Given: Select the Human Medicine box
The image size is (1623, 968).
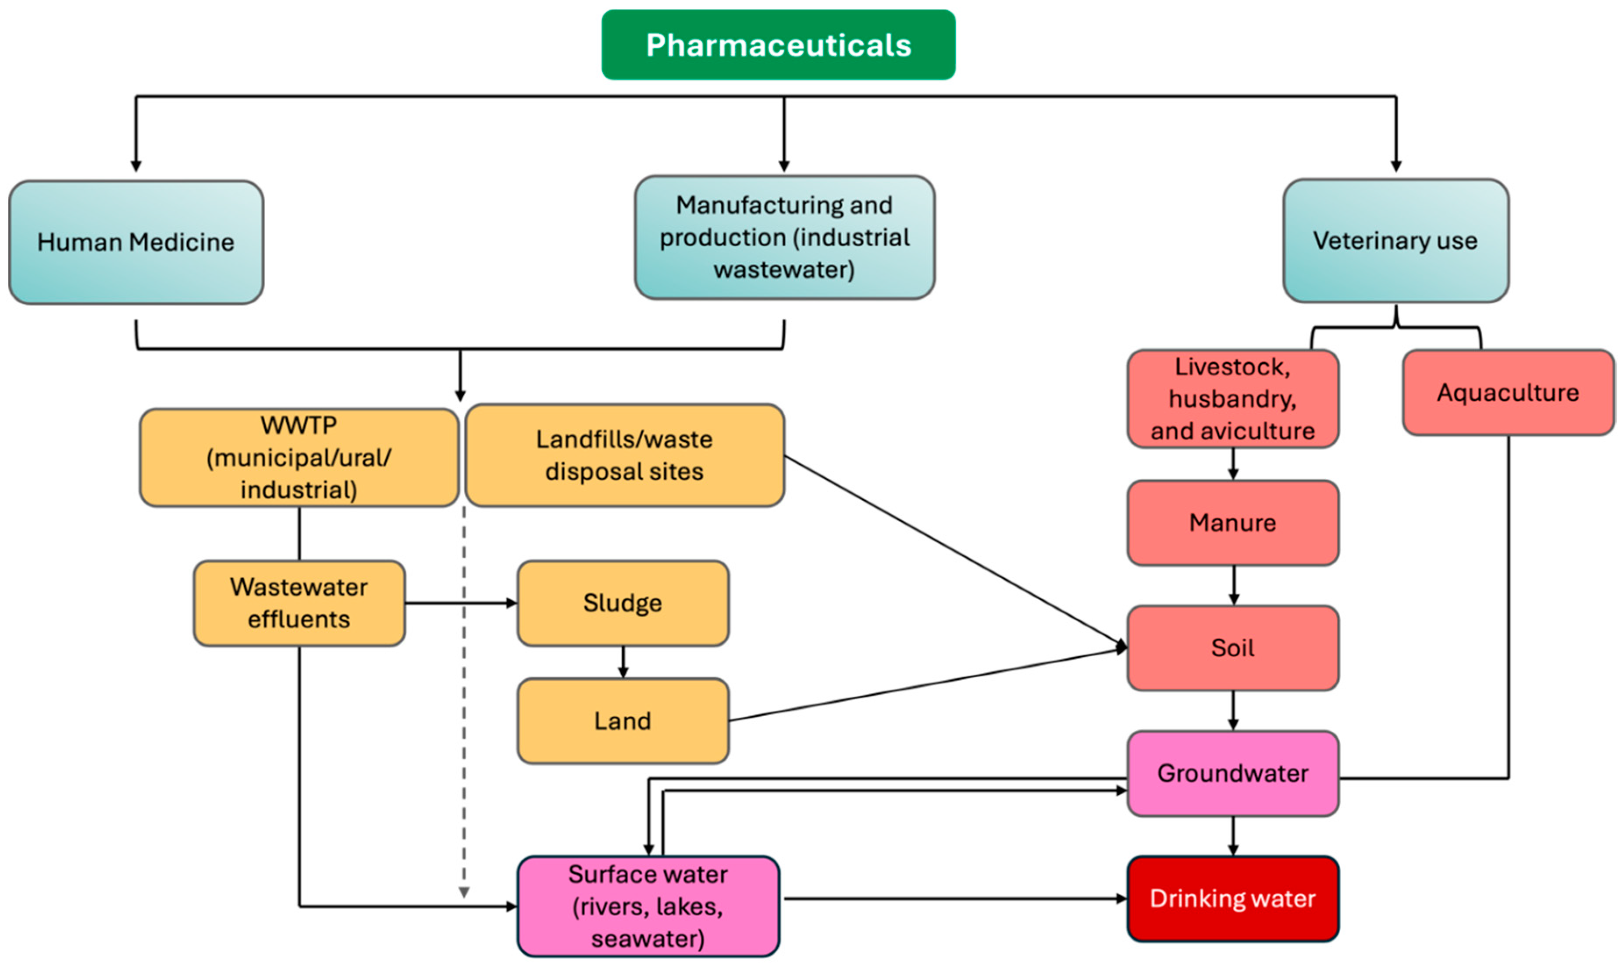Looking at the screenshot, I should pyautogui.click(x=135, y=242).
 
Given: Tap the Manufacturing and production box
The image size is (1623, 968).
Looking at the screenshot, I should pyautogui.click(x=784, y=238).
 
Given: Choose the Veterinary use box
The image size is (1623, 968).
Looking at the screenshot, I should pyautogui.click(x=1395, y=241).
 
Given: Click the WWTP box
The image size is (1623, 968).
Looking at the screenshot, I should pyautogui.click(x=299, y=458).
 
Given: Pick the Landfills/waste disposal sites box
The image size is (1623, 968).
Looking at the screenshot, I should pyautogui.click(x=624, y=456).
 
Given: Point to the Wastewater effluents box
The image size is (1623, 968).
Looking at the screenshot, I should pyautogui.click(x=299, y=603).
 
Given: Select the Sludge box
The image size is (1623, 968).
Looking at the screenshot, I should pyautogui.click(x=623, y=603).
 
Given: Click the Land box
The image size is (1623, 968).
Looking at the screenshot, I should pyautogui.click(x=623, y=721).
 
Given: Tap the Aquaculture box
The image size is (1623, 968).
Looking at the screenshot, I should pyautogui.click(x=1508, y=393).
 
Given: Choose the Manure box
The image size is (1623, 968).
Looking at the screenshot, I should pyautogui.click(x=1233, y=523).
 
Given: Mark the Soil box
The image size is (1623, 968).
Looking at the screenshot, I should pyautogui.click(x=1233, y=648).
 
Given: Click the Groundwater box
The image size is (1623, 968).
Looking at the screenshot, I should pyautogui.click(x=1233, y=773).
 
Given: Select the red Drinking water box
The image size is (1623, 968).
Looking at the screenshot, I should pyautogui.click(x=1233, y=899).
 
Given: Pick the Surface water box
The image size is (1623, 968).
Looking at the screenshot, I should pyautogui.click(x=648, y=907).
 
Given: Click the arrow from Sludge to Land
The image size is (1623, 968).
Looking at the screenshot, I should pyautogui.click(x=623, y=662).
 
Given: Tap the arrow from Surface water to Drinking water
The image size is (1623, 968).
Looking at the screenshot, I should pyautogui.click(x=952, y=899).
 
